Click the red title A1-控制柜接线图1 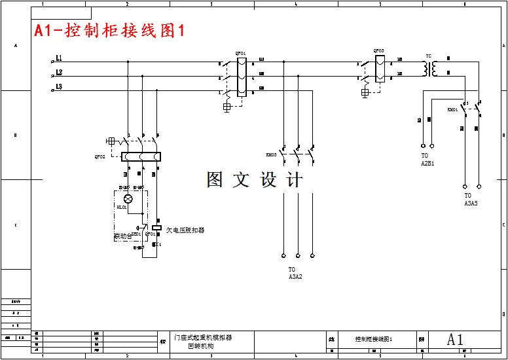coord(110,31)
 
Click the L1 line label coord(59,58)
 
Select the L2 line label coord(59,73)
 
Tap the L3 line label coord(59,87)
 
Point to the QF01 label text coord(240,53)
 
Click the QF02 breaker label coord(100,156)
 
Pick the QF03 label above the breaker coord(379,50)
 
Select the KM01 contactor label coord(452,109)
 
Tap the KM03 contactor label coord(271,155)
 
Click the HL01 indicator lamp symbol coord(128,198)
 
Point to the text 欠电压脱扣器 coord(185,230)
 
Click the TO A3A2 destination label coord(295,273)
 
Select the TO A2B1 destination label coord(427,160)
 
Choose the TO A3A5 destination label coord(471,200)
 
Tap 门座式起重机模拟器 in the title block coord(203,337)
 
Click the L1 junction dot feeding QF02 coord(128,62)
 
